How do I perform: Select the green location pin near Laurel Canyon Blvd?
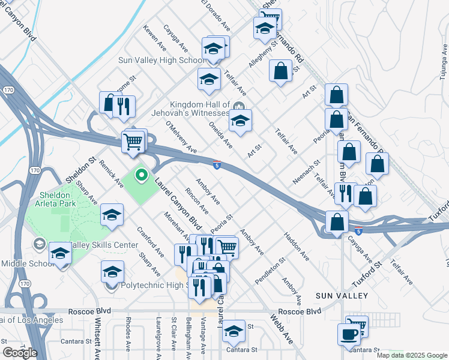pyautogui.click(x=142, y=175)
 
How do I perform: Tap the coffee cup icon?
pyautogui.click(x=348, y=334)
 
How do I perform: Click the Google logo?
pyautogui.click(x=20, y=352)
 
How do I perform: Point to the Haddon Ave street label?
pyautogui.click(x=297, y=247)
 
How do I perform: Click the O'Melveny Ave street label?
pyautogui.click(x=181, y=136)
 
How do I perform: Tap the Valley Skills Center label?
pyautogui.click(x=105, y=245)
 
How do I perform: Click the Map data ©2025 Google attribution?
pyautogui.click(x=412, y=355)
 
